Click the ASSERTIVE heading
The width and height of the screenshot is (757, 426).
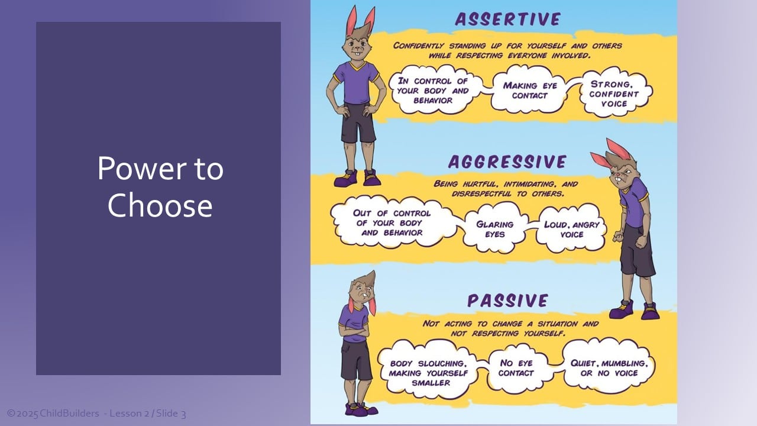tap(508, 19)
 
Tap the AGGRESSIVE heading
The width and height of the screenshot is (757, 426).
tap(507, 162)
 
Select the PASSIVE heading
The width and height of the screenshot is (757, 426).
tap(507, 301)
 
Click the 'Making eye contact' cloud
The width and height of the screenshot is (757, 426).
tap(529, 89)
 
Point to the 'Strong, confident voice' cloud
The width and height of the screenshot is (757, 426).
tap(615, 93)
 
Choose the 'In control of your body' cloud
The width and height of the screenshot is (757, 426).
tap(435, 90)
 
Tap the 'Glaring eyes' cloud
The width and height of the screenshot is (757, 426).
tap(495, 228)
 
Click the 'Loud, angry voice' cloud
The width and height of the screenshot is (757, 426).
tap(571, 228)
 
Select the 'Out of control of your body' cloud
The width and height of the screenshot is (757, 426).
tap(392, 222)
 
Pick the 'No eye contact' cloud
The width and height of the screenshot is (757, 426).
tap(517, 368)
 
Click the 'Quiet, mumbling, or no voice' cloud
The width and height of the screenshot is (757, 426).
tap(609, 368)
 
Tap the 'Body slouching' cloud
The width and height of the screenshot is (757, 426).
tap(429, 372)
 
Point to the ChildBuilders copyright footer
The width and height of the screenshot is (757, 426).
tap(96, 414)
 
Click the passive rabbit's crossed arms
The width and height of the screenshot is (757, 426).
tap(354, 333)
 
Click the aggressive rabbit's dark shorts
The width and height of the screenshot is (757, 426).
tap(637, 250)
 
